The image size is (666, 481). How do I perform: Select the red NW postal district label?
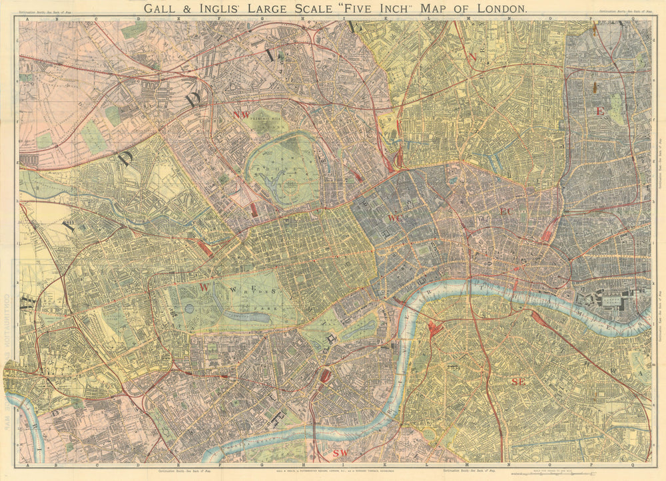pos(241,114)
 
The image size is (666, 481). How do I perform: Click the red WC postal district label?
pos(394,218)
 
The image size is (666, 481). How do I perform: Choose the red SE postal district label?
pos(518,381)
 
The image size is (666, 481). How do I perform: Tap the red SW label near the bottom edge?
pos(340,453)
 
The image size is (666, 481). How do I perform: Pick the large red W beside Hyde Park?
pos(205,287)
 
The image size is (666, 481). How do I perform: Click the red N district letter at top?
pos(472,57)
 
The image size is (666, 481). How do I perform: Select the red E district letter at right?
pos(600,112)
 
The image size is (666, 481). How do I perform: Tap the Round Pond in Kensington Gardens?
pos(189,309)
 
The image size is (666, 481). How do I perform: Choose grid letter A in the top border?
pos(27,19)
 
